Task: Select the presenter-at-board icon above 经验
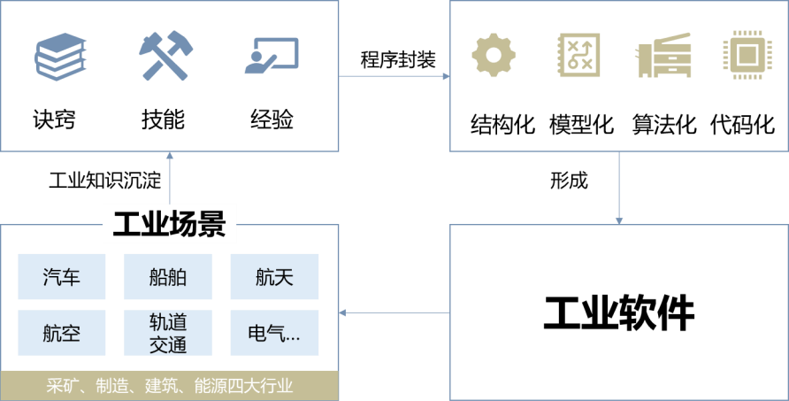(x=271, y=56)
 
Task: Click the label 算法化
(x=663, y=124)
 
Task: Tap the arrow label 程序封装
(x=397, y=59)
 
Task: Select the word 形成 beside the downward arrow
(x=569, y=181)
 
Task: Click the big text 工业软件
(x=619, y=312)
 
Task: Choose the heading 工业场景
(x=169, y=223)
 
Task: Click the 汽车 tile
(x=62, y=277)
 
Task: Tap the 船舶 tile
(x=168, y=277)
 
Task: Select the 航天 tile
(x=273, y=277)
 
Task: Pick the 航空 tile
(x=62, y=333)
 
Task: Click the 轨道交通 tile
(x=168, y=333)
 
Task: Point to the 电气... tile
(x=273, y=333)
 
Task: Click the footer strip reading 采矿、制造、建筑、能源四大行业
(x=169, y=386)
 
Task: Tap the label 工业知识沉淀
(x=104, y=181)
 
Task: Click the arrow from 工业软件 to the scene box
(x=394, y=312)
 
